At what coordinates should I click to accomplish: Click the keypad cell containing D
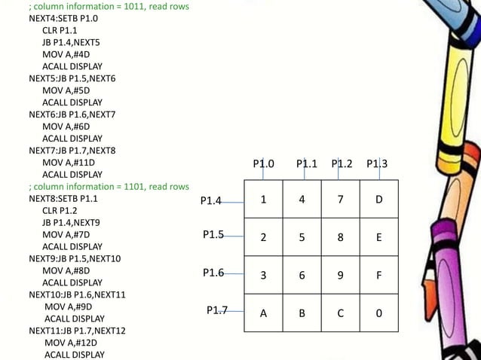pos(378,200)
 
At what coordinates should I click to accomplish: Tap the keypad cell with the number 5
pos(302,237)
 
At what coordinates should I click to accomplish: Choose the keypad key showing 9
pos(341,276)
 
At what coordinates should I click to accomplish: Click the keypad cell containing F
pos(378,276)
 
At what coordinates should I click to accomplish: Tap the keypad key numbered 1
pos(263,200)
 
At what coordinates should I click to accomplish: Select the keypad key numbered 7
pos(341,200)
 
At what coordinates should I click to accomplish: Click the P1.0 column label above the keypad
pos(264,163)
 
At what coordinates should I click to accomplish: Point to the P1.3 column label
pos(377,163)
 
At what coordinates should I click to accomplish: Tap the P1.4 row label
pos(211,201)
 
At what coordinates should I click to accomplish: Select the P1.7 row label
pos(217,310)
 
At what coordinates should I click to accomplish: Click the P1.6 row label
pos(213,273)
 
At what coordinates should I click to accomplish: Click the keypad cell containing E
pos(378,237)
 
